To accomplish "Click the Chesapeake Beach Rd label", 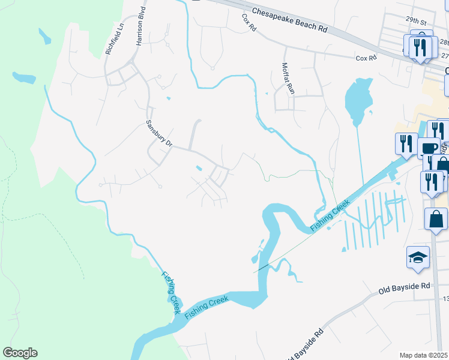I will coord(290,20).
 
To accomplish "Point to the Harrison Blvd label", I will coord(142,28).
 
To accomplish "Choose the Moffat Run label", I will coord(289,77).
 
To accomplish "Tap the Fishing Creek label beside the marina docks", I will coord(330,216).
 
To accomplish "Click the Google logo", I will coord(20,353).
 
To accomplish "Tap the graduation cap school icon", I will coord(418,258).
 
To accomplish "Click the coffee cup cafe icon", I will coord(428,148).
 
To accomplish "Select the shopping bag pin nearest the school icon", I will coord(436,220).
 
